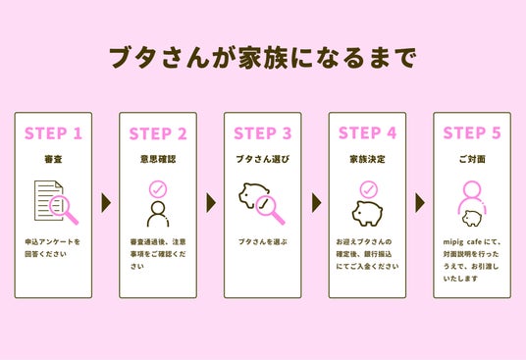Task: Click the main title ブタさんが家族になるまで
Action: tap(263, 58)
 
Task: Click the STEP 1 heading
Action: tap(53, 133)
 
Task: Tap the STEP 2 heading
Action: tap(158, 133)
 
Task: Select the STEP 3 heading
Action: tap(263, 133)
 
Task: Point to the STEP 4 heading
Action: tap(367, 132)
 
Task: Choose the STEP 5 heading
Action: tap(472, 132)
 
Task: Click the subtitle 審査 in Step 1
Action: tap(53, 159)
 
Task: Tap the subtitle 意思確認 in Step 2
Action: tap(158, 159)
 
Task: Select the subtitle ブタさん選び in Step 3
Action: tap(263, 159)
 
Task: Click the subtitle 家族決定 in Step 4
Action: tap(367, 159)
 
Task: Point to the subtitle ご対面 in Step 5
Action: tap(472, 159)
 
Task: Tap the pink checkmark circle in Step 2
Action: tap(158, 189)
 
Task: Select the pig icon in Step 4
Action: tap(367, 214)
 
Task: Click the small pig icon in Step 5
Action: tap(472, 218)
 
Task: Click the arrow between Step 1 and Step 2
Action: tap(106, 202)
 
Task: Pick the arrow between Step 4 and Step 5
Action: tap(420, 202)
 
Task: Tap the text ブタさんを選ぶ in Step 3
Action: tap(263, 241)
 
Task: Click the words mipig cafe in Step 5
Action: tap(462, 242)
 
